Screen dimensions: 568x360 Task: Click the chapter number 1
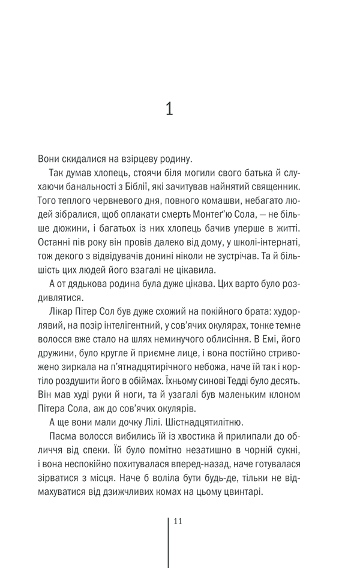(169, 109)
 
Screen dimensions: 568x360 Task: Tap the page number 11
(177, 521)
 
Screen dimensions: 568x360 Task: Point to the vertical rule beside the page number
(169, 540)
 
